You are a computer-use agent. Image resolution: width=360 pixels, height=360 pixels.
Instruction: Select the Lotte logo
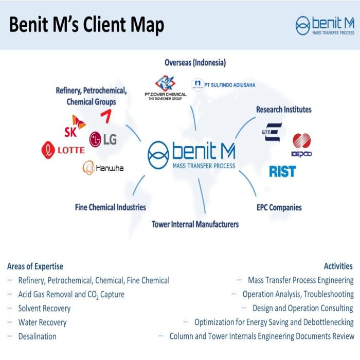(x=63, y=150)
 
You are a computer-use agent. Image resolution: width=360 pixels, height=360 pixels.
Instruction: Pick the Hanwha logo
(x=103, y=168)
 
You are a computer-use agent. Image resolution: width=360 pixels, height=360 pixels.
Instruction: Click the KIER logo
(x=271, y=132)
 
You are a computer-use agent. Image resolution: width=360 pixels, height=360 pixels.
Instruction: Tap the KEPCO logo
(x=301, y=145)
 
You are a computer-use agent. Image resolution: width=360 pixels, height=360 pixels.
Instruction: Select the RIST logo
(x=282, y=171)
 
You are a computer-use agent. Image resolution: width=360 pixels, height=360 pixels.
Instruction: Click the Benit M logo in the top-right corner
(x=325, y=25)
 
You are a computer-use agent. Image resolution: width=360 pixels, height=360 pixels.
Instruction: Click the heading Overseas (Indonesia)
(x=195, y=63)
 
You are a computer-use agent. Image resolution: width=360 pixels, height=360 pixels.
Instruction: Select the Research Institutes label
(x=283, y=109)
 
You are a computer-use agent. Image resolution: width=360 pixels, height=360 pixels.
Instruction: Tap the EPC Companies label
(x=279, y=208)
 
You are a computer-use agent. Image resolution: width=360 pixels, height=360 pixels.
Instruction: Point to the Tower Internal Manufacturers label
(x=195, y=224)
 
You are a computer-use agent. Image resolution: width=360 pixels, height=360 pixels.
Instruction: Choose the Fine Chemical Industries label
(x=110, y=207)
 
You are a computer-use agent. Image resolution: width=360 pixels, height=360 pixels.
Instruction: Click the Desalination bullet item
(x=37, y=336)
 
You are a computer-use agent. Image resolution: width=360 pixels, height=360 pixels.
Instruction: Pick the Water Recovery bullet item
(x=42, y=322)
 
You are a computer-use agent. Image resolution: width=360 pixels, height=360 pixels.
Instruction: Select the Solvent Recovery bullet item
(x=44, y=309)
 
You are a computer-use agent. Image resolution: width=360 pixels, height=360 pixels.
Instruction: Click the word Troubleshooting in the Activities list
(x=328, y=295)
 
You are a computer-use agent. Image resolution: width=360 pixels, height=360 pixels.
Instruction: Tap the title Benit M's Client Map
(x=86, y=25)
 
